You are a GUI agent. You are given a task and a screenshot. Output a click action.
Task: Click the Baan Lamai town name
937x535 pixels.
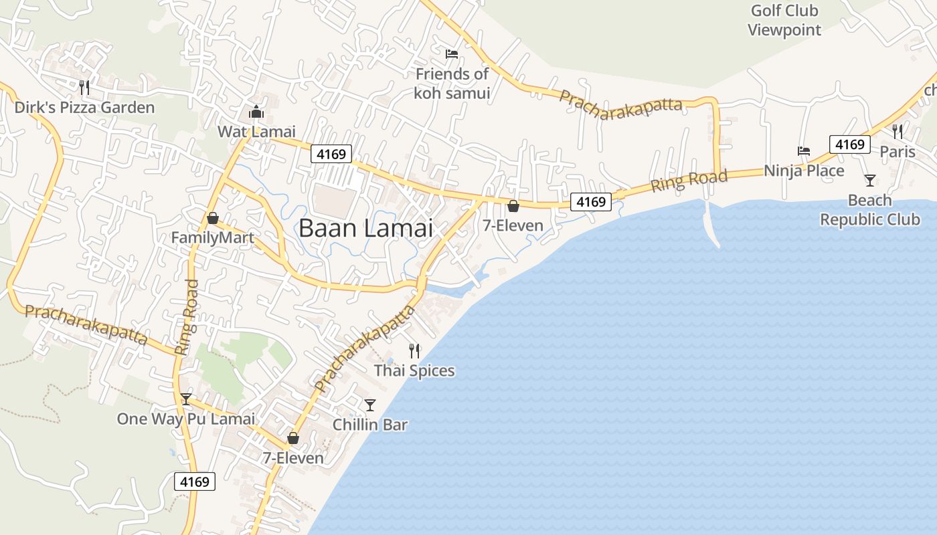click(365, 229)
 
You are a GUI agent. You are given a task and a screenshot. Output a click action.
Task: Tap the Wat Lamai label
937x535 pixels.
click(256, 132)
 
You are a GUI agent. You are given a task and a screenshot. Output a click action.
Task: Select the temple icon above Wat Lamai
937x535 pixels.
click(256, 112)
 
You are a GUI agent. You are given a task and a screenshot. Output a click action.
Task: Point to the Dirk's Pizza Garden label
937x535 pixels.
click(84, 108)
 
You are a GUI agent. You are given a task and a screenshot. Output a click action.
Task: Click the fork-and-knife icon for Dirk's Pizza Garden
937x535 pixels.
click(84, 88)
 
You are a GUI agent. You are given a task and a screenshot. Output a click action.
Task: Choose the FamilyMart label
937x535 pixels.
click(212, 238)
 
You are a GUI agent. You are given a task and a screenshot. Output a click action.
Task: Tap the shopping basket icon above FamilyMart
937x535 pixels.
click(213, 218)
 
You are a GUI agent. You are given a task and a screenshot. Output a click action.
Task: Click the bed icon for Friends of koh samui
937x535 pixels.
click(452, 53)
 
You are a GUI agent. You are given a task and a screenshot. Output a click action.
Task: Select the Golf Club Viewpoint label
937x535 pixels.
click(784, 20)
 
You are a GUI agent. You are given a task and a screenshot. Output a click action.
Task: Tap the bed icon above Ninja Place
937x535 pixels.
click(804, 151)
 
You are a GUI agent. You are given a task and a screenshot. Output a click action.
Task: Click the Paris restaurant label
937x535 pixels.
click(897, 152)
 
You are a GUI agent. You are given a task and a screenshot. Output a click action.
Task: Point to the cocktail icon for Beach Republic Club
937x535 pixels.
click(869, 180)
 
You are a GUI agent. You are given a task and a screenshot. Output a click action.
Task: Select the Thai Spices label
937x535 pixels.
click(414, 370)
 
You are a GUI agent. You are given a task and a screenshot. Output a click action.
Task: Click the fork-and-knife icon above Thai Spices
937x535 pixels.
click(414, 350)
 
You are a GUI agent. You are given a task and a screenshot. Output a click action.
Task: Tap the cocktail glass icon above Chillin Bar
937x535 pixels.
click(369, 405)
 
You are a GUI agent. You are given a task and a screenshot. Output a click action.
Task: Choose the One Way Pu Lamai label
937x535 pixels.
click(186, 419)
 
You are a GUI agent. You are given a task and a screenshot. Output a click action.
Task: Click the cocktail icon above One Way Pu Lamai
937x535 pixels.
click(186, 399)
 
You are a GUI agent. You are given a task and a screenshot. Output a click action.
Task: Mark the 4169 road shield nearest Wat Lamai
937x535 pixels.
click(331, 154)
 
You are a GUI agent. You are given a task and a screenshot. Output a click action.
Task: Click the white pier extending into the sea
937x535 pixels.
click(711, 224)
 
